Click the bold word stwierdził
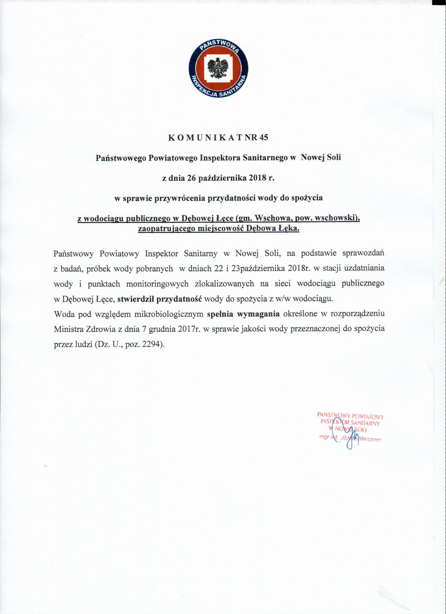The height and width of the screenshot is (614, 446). coord(136,299)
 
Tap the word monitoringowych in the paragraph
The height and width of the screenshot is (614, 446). coord(157,284)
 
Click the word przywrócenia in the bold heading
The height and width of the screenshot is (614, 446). coord(176,198)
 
